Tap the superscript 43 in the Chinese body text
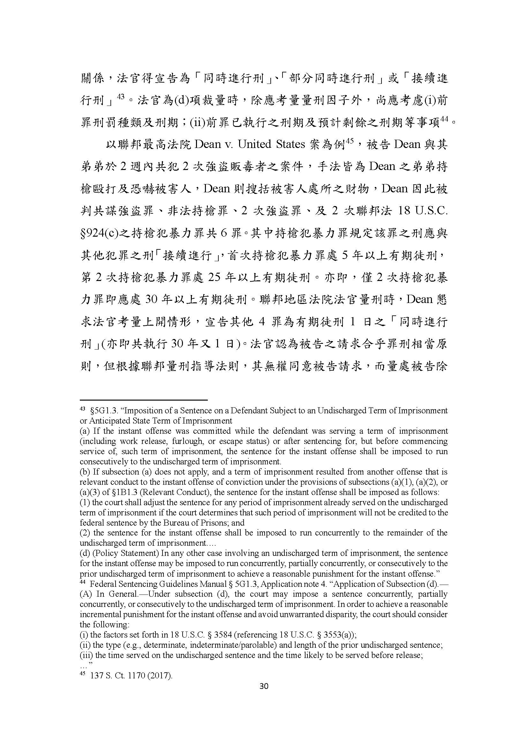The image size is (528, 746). coord(120,97)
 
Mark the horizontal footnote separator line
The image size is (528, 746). coord(143,400)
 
